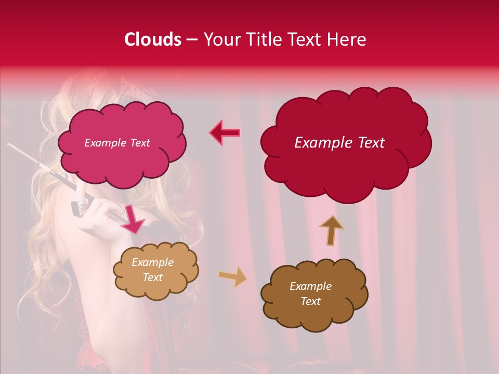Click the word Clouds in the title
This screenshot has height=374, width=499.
(x=153, y=39)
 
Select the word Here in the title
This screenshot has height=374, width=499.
(x=347, y=39)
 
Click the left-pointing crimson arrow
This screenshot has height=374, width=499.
(x=225, y=133)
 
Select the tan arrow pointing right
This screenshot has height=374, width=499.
(x=232, y=277)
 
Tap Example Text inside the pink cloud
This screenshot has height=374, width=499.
(x=117, y=143)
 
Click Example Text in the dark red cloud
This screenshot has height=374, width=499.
(x=339, y=143)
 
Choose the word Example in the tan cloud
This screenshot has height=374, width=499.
(x=152, y=262)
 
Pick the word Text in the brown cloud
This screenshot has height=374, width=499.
(x=310, y=301)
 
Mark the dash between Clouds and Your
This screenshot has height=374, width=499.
(x=192, y=40)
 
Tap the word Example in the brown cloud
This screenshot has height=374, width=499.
(x=310, y=286)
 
